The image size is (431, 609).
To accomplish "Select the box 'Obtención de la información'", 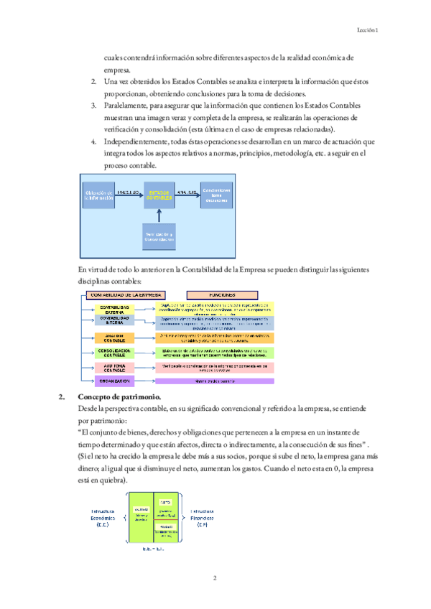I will tap(99, 196).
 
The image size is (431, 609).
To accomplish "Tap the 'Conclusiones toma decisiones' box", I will tap(217, 195).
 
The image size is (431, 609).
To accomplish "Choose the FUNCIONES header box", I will tap(221, 294).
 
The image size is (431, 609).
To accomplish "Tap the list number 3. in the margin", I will tap(94, 105).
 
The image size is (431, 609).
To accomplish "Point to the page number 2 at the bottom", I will tap(215, 577).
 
